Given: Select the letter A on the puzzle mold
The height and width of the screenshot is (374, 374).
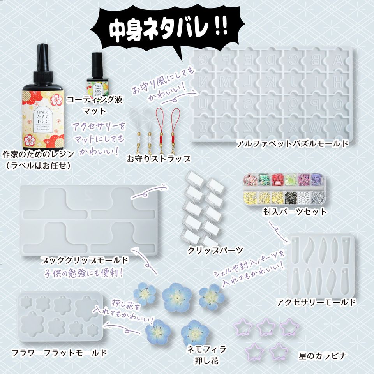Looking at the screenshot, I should point(338,60).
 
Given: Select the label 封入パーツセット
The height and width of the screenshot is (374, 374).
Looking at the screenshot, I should point(295,212).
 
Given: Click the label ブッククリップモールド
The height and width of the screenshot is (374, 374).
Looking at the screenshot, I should point(85,259).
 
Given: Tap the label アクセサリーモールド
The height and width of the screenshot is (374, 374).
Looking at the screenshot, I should point(316,302).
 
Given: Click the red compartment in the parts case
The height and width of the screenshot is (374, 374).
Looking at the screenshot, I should point(277,179).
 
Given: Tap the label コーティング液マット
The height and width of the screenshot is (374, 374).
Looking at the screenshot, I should point(95,105).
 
